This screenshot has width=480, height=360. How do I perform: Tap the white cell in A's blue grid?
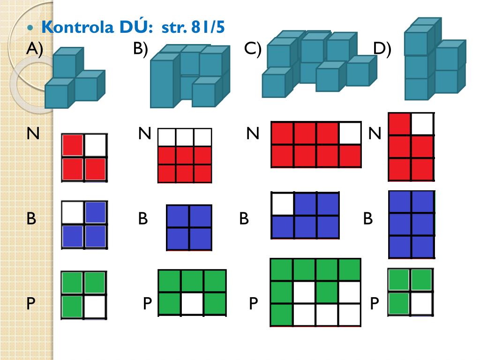[73, 212]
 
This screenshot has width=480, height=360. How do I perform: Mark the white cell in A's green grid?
[96, 306]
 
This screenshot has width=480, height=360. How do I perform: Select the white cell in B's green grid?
[192, 303]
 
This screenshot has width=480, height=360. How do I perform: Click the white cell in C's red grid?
[350, 134]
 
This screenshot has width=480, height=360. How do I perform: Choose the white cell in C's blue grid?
[283, 204]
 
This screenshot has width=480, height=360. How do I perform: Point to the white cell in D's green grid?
[421, 303]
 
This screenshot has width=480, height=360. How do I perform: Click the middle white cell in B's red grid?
[185, 137]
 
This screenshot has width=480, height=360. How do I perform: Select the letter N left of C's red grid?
[253, 134]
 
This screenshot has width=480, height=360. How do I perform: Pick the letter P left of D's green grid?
[374, 304]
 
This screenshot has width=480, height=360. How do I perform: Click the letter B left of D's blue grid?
[368, 218]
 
